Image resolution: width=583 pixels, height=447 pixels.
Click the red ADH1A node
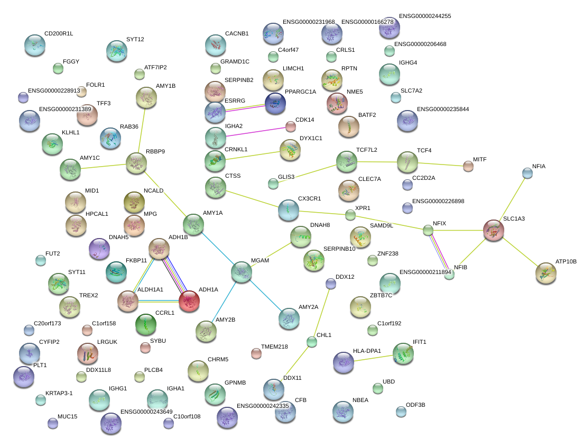pyautogui.click(x=189, y=301)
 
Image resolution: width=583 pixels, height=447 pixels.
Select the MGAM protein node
pyautogui.click(x=242, y=272)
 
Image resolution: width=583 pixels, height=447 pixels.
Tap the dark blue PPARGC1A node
pyautogui.click(x=275, y=103)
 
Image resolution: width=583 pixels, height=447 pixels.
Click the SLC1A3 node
pyautogui.click(x=494, y=230)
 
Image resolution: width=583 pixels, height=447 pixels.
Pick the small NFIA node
pyautogui.click(x=527, y=173)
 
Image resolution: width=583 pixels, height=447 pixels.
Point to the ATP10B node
pyautogui.click(x=546, y=273)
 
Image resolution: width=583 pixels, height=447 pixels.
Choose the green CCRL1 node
pyautogui.click(x=146, y=324)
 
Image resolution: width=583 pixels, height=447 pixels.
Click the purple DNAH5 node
pyautogui.click(x=99, y=249)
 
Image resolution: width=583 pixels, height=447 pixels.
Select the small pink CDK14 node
pyautogui.click(x=290, y=126)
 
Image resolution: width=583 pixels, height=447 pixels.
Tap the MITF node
pyautogui.click(x=468, y=166)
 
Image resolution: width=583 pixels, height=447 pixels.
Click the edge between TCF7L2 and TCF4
pyautogui.click(x=377, y=162)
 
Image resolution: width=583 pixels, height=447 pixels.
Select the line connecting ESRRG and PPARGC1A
pyautogui.click(x=245, y=107)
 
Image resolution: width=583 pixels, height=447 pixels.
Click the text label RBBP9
pyautogui.click(x=155, y=151)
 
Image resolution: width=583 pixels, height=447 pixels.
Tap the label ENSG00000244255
pyautogui.click(x=425, y=16)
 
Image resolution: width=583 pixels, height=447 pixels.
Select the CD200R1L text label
pyautogui.click(x=59, y=33)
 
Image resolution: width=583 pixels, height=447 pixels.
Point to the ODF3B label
pyautogui.click(x=415, y=405)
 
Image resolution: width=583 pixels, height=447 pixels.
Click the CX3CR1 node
pyautogui.click(x=289, y=210)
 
